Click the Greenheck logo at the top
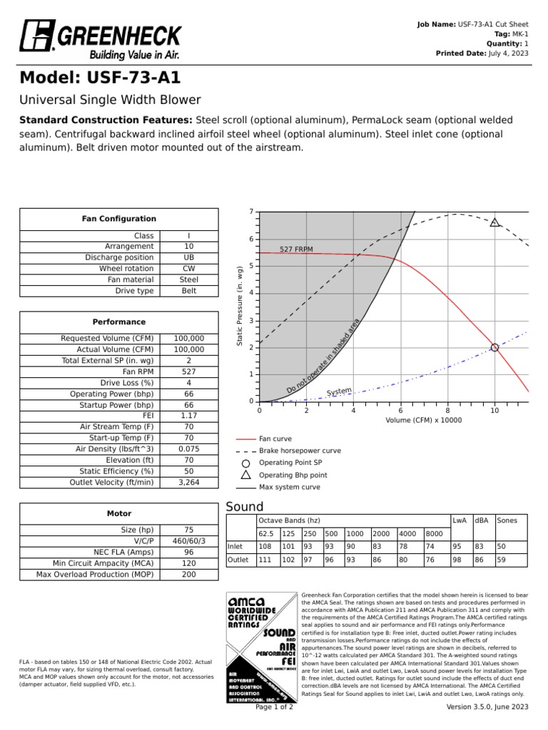click(x=101, y=39)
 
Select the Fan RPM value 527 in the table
click(x=188, y=371)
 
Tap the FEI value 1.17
click(x=188, y=416)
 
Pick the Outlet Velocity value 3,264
click(x=188, y=482)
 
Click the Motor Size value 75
click(x=188, y=530)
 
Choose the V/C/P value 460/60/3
click(x=188, y=541)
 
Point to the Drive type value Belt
click(x=188, y=291)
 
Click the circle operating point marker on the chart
click(x=494, y=347)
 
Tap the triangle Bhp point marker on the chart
click(x=494, y=222)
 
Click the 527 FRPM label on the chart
click(x=296, y=249)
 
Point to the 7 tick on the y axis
click(x=251, y=212)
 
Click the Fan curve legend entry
click(x=275, y=439)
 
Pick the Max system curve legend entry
click(x=289, y=487)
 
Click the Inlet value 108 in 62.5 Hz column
click(x=265, y=546)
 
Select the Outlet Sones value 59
click(x=502, y=560)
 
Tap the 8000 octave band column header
click(x=434, y=534)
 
